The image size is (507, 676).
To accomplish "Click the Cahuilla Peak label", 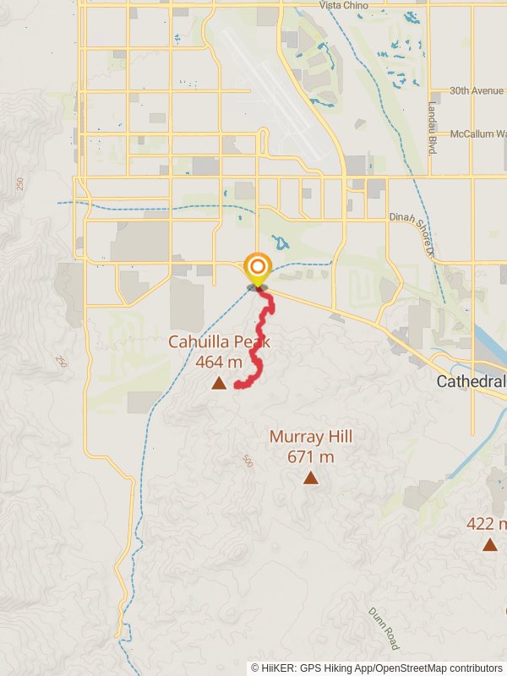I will coord(218,342).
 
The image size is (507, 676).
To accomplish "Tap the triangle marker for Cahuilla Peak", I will coord(219,384).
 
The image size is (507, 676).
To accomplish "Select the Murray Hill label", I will coord(311,437).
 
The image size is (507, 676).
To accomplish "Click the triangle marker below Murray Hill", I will coord(311,479).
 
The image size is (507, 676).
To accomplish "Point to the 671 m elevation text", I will coord(311,457).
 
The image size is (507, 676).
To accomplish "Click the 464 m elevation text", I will coord(219,363).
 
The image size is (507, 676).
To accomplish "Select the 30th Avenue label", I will coord(476,91).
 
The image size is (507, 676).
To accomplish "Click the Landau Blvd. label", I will coord(431,128).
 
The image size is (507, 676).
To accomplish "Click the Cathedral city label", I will coord(471,382).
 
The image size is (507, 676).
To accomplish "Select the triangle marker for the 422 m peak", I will coord(490,544).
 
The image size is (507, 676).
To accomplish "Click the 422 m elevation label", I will coord(487,524).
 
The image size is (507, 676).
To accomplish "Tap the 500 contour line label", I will coord(246,461).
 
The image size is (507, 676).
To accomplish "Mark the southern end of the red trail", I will coord(237,385).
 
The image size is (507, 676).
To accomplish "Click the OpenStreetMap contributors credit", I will coord(439,668).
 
